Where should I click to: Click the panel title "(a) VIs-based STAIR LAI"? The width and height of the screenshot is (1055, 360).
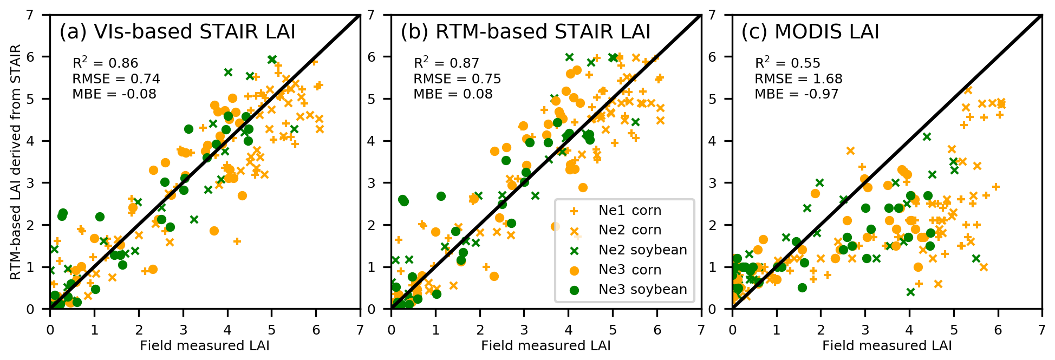[177, 32]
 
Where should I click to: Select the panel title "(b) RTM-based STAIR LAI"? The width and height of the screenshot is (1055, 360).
[525, 32]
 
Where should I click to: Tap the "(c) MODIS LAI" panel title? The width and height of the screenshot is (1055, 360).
[810, 32]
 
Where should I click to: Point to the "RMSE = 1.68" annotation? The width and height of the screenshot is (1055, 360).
[798, 79]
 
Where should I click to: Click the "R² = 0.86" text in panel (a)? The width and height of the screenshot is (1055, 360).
[105, 63]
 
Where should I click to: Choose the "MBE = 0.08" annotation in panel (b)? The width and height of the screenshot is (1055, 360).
[453, 94]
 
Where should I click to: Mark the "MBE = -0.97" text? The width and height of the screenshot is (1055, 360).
[796, 94]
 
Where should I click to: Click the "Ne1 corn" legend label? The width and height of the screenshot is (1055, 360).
[629, 211]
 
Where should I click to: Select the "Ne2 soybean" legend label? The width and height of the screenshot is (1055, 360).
[642, 250]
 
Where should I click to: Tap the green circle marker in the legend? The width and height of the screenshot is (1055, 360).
[574, 290]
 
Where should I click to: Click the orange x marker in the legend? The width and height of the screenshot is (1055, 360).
[574, 231]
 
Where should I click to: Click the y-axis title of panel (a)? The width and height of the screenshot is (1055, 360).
[16, 162]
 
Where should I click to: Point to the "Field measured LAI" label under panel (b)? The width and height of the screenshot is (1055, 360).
[545, 346]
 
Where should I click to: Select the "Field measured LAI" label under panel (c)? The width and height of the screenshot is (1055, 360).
[887, 346]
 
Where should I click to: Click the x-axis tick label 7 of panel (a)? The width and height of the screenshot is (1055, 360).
[360, 330]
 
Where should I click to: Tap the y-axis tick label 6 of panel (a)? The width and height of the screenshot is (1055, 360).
[31, 57]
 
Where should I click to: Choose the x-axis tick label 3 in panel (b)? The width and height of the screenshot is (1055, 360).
[524, 330]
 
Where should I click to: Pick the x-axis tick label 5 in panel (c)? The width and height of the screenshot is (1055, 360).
[954, 330]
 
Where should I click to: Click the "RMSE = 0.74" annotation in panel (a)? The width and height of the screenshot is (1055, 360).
[116, 79]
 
